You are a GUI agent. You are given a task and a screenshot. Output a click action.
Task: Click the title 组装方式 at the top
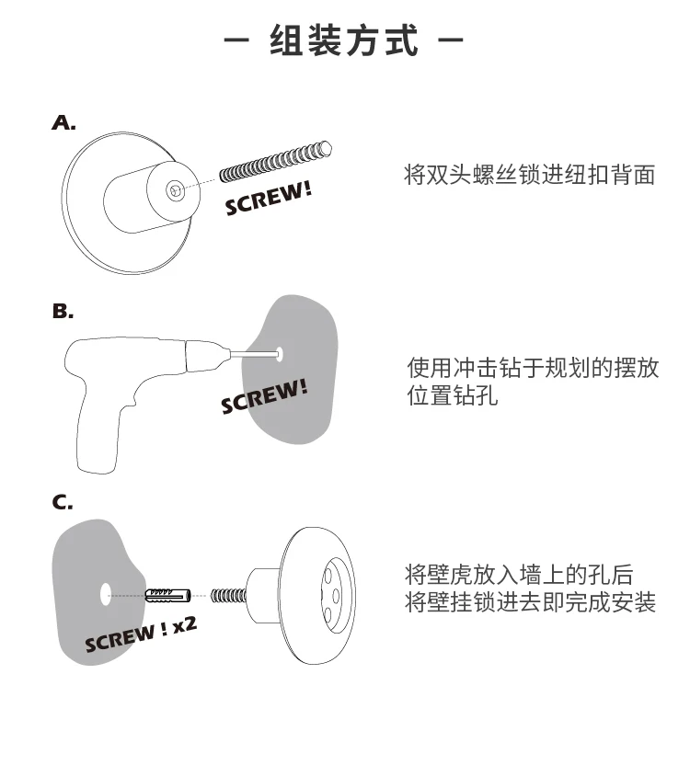point(344,41)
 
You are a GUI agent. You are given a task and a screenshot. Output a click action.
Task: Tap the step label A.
point(63,123)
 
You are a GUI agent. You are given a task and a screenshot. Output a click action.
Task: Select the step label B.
point(63,312)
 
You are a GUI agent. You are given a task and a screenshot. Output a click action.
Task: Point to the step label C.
point(63,502)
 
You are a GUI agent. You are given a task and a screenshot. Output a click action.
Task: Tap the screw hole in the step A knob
point(175,189)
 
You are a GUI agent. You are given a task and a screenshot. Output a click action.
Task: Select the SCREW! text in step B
point(264,396)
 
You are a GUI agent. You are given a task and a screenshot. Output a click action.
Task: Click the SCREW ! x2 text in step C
point(141,634)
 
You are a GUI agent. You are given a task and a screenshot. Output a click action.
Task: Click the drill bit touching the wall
point(254,351)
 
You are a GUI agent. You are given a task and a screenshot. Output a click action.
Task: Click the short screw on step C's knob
point(228,594)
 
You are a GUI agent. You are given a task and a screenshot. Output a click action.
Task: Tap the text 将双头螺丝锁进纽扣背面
point(530,175)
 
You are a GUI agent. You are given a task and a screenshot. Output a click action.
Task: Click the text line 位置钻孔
point(453,397)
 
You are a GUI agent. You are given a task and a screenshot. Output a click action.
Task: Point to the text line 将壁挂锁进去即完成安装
point(531,604)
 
